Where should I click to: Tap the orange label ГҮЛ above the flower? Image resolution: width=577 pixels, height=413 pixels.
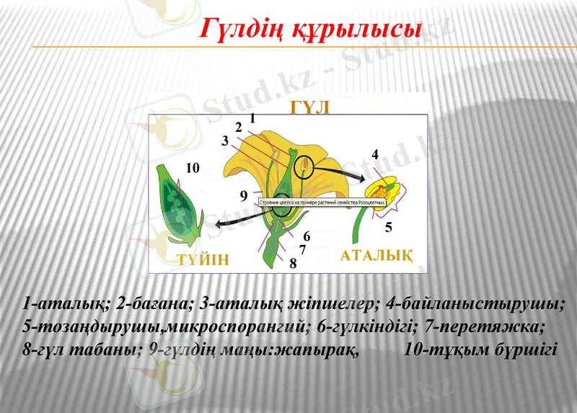(310, 107)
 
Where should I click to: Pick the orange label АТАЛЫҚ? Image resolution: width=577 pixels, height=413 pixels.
(376, 255)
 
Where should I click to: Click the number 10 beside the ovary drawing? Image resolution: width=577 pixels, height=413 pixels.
(192, 168)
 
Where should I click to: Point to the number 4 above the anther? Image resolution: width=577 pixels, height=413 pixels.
(375, 154)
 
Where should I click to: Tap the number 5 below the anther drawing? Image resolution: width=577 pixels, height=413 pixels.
(388, 227)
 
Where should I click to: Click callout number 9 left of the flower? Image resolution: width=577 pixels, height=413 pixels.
(244, 195)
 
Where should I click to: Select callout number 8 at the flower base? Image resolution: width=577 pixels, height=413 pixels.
(293, 263)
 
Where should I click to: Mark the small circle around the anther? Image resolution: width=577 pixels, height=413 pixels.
(305, 168)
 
